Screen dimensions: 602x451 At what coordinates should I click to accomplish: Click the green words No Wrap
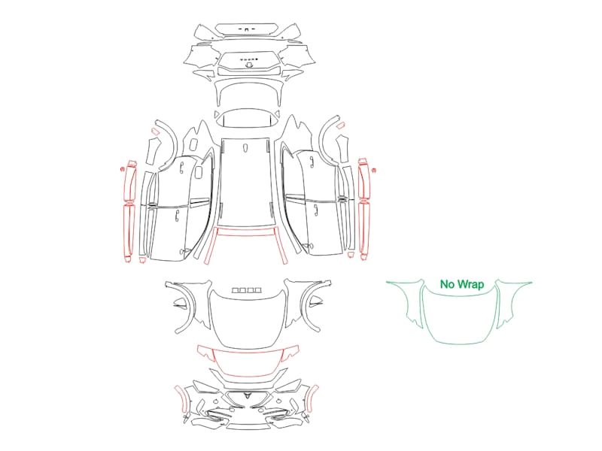(462, 284)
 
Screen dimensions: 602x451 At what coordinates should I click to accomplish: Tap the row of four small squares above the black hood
(247, 290)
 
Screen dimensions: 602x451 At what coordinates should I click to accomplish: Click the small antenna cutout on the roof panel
(246, 148)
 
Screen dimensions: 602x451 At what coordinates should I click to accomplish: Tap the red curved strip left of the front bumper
(181, 399)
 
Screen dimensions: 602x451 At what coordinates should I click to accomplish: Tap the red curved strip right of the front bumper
(313, 399)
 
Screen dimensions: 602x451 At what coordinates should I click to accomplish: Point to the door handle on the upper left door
(182, 168)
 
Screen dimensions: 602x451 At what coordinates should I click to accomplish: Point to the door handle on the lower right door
(315, 211)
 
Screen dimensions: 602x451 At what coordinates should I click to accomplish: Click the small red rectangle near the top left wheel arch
(155, 132)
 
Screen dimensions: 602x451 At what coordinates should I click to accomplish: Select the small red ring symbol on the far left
(123, 169)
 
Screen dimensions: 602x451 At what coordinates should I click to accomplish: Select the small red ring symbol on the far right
(374, 170)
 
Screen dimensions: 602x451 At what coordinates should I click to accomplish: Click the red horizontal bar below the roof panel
(247, 231)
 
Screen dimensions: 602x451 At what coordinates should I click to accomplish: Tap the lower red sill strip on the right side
(364, 231)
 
